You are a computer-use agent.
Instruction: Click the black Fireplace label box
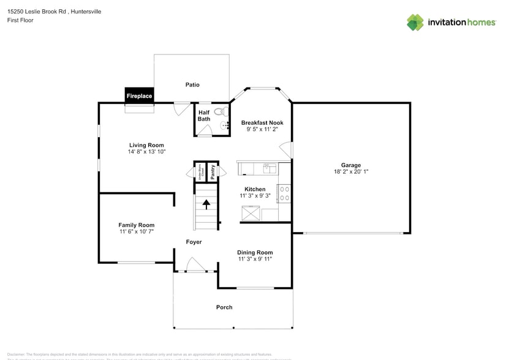pos(139,96)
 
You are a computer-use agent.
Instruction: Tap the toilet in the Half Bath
pos(224,112)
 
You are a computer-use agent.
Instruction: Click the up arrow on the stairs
pos(206,204)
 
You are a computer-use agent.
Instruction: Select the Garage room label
pos(351,165)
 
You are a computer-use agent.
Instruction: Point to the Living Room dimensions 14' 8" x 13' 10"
pos(146,152)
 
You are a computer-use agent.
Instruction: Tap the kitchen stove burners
pos(284,193)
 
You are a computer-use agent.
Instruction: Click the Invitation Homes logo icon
pos(415,22)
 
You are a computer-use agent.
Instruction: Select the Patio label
pos(192,84)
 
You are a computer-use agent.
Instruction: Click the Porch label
pos(224,307)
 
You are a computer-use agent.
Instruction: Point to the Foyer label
pos(194,242)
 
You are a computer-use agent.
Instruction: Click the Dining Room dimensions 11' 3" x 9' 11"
pos(255,259)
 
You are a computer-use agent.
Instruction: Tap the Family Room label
pos(136,225)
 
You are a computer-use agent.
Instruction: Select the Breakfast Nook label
pos(262,122)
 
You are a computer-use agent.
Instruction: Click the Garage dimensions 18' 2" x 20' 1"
pos(351,172)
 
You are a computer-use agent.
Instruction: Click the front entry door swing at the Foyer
pos(195,265)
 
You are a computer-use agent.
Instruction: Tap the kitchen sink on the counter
pos(268,166)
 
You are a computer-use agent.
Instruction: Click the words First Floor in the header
pos(20,20)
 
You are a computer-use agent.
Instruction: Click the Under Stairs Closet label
pos(200,172)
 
